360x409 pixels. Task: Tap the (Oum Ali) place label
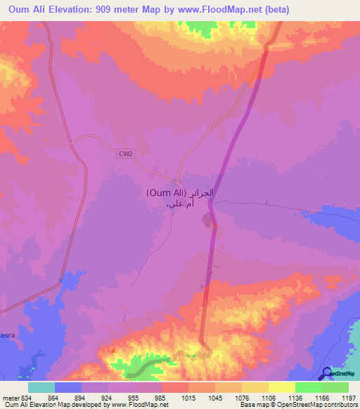click(166, 193)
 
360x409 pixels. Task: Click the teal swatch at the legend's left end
click(41, 387)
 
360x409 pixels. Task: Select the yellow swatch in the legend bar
click(281, 387)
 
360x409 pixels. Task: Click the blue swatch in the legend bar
click(68, 387)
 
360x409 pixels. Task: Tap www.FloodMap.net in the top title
click(221, 10)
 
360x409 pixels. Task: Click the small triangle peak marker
click(111, 347)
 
